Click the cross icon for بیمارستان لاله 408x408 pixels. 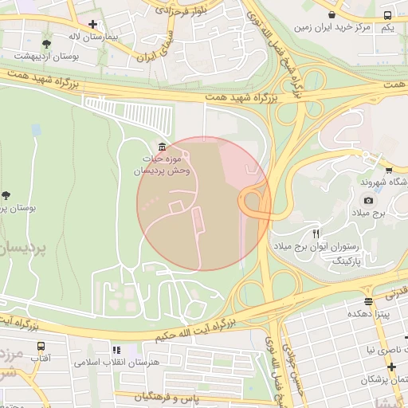tap(93, 25)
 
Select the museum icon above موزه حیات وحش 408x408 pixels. tap(163, 147)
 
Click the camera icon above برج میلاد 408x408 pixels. tap(367, 201)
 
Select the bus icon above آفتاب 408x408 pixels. tap(41, 347)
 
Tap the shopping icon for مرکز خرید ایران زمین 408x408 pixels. tap(332, 14)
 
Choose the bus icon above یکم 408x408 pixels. tap(387, 15)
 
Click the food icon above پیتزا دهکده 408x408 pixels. tap(368, 301)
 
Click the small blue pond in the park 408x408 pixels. tap(36, 129)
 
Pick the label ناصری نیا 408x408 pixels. tap(380, 349)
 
